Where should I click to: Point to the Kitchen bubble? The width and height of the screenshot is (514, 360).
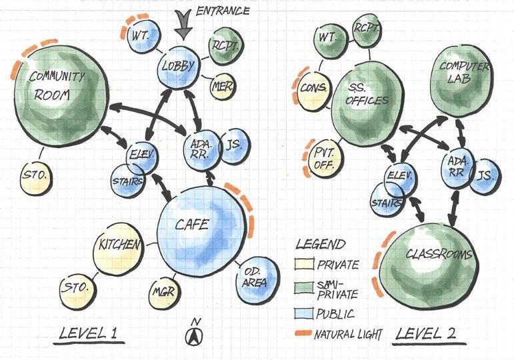click(x=119, y=246)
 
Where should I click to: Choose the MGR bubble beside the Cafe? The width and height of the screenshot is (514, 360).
click(x=163, y=291)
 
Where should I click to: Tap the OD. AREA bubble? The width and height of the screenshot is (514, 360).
click(x=253, y=277)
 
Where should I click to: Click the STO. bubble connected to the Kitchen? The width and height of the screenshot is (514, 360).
click(x=75, y=288)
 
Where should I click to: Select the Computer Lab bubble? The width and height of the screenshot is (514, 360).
click(x=464, y=78)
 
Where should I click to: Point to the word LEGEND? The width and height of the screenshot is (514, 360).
click(x=321, y=245)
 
